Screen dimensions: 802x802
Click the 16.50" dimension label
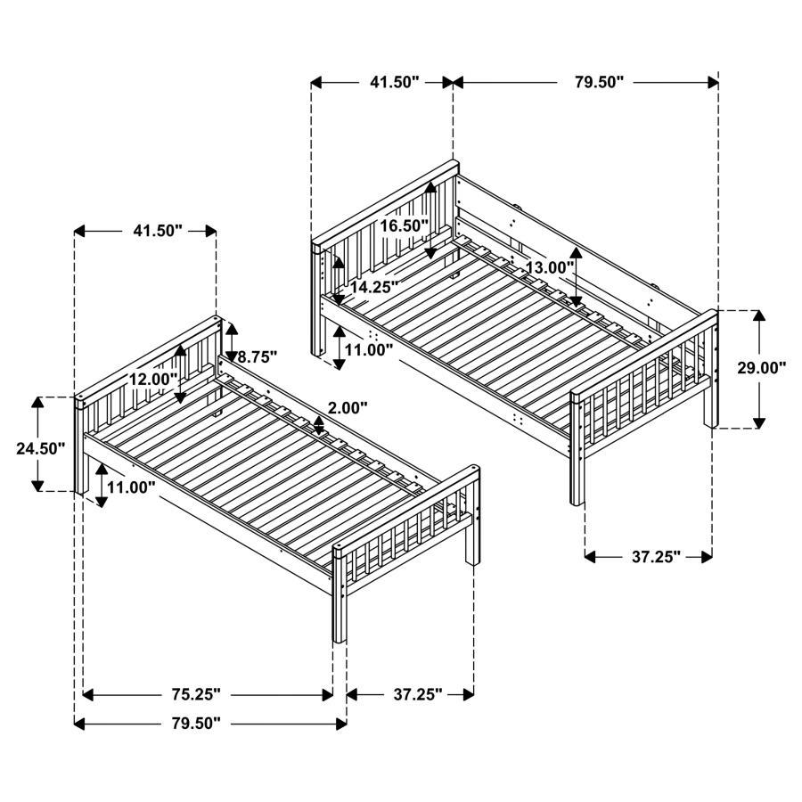405,226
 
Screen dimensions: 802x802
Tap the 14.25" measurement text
373,288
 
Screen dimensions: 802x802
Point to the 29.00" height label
762,367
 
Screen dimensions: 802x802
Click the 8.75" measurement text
258,356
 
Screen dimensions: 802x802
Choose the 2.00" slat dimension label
348,408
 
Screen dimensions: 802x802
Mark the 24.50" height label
41,448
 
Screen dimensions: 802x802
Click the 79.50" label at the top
599,82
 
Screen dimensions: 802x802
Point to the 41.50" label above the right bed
394,82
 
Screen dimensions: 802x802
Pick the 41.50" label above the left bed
158,231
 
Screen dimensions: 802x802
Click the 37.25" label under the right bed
656,557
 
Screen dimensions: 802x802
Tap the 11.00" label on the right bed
369,350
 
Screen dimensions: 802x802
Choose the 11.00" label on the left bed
131,487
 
